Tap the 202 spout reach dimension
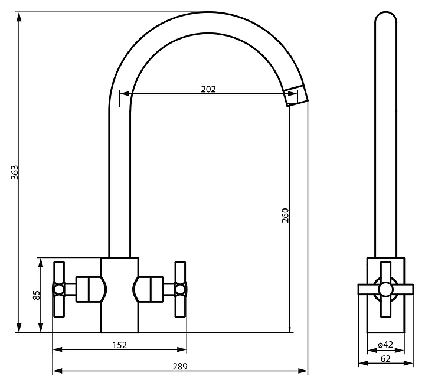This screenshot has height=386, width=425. coord(208,89)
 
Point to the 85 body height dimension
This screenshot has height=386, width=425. coord(36,295)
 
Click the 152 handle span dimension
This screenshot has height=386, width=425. coord(119,345)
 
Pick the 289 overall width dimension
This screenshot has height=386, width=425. coord(181,367)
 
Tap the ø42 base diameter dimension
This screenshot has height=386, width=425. coord(385,345)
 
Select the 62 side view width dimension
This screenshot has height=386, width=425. coord(385,358)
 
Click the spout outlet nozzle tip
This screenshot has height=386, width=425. coord(296,96)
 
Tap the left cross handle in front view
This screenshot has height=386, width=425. coord(60,288)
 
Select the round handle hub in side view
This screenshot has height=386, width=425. coord(385,289)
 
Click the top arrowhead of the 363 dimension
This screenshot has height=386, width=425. coord(19,17)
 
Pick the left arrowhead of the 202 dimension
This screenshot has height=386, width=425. coord(123,94)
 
